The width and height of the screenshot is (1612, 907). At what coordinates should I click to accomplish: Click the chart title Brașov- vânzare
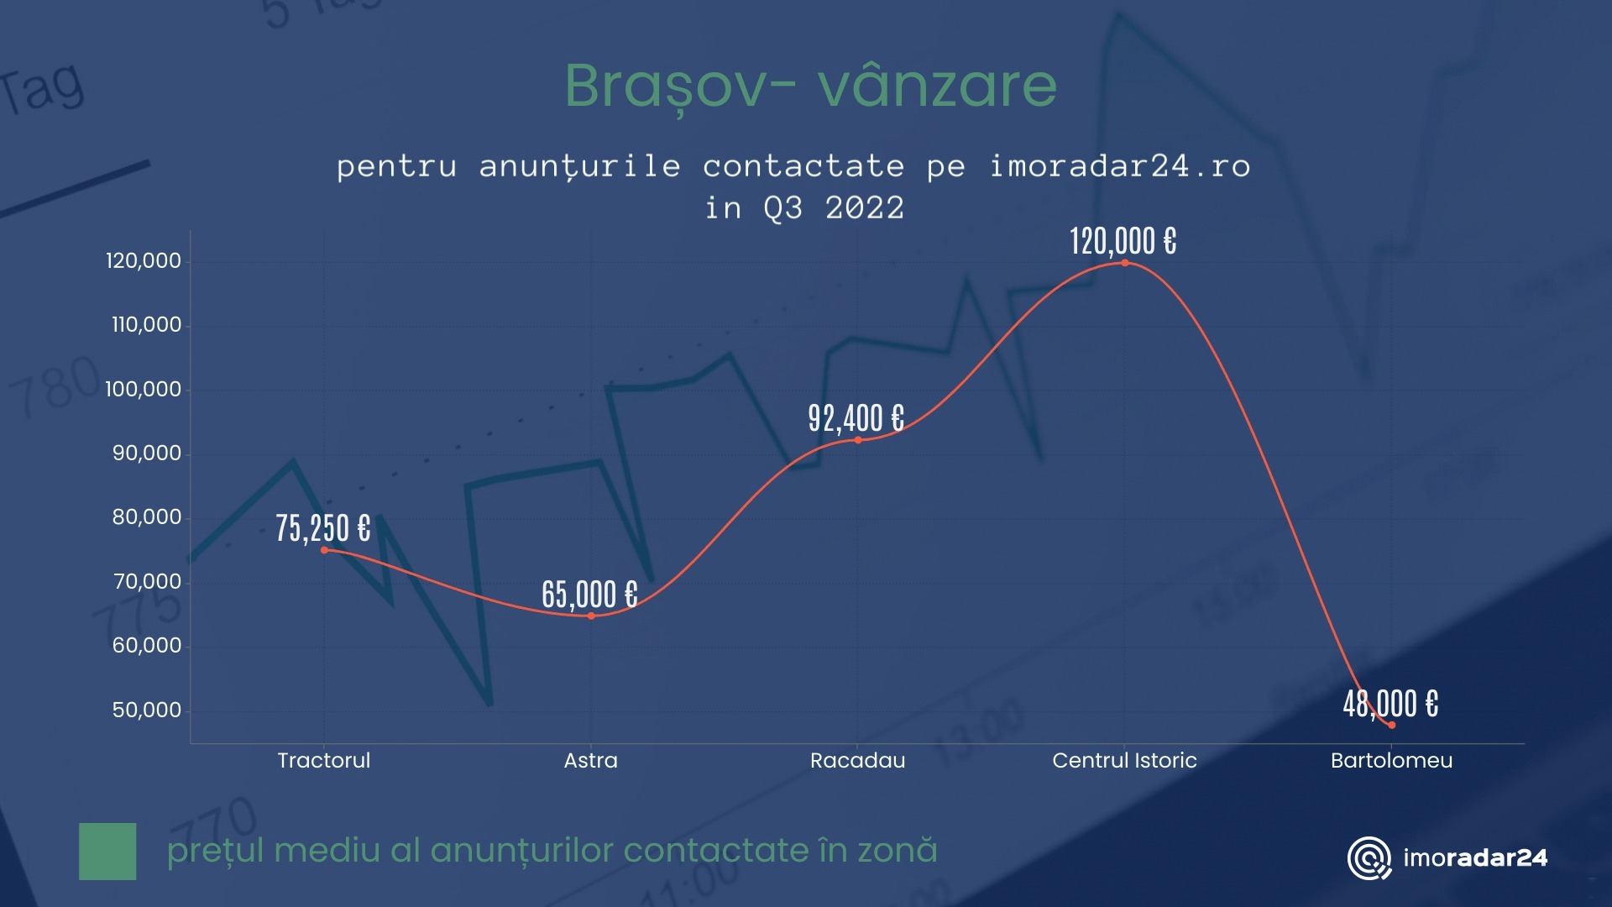click(x=810, y=86)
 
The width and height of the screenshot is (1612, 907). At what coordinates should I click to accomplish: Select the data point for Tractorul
click(x=324, y=550)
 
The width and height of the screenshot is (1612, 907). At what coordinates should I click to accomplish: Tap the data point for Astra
click(x=591, y=616)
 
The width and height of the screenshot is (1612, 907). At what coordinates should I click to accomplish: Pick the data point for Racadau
click(x=858, y=440)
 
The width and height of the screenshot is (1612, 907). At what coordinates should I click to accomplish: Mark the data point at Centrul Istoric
click(x=1125, y=263)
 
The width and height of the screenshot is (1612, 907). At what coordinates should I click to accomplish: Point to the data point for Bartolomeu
click(x=1391, y=725)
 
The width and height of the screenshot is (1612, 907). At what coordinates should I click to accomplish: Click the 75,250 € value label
click(x=323, y=529)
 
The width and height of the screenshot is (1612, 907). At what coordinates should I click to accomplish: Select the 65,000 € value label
click(x=589, y=595)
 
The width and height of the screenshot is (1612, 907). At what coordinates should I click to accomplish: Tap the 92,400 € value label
click(x=856, y=418)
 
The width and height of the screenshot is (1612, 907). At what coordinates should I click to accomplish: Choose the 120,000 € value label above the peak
click(x=1123, y=242)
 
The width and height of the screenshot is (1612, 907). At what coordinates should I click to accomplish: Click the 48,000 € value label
click(x=1390, y=704)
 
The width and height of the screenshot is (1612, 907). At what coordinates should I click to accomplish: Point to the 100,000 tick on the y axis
click(x=143, y=390)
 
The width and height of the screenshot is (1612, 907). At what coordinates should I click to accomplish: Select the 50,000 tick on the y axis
click(x=147, y=710)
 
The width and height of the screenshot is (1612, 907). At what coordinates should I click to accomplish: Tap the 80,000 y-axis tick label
click(x=147, y=517)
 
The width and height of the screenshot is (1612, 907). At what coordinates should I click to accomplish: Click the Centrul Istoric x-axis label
click(x=1124, y=761)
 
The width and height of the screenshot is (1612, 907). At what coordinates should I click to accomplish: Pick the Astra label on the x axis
click(x=590, y=761)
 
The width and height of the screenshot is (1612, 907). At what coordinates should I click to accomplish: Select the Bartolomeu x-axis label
click(x=1391, y=761)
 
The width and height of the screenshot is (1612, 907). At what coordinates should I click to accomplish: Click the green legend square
click(x=107, y=852)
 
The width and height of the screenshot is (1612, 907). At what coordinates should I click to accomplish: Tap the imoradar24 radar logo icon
click(x=1369, y=858)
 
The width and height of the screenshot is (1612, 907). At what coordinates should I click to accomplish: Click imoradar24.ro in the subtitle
click(x=1120, y=166)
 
